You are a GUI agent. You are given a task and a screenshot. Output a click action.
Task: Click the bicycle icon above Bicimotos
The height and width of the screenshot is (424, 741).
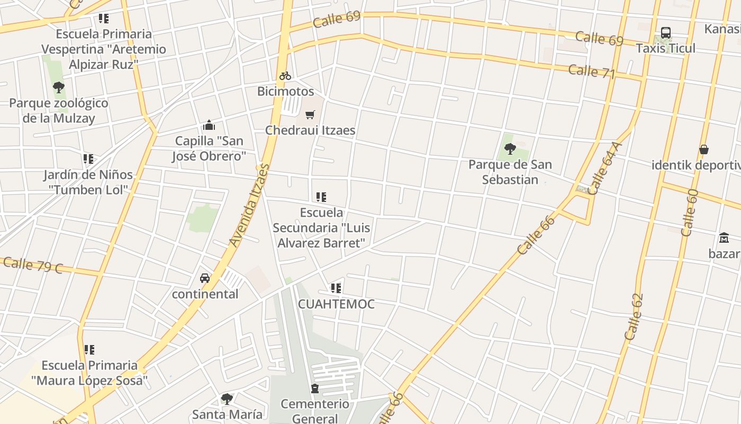pos(285,76)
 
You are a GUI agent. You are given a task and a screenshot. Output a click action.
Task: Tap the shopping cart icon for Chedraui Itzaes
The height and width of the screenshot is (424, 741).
pos(310,114)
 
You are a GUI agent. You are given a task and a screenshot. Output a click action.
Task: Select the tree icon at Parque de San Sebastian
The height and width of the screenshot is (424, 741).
pos(510,149)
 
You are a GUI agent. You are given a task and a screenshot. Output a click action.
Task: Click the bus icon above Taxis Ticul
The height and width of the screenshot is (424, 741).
pos(666,33)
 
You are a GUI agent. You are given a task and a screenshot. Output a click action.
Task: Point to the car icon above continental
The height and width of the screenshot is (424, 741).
pos(205,278)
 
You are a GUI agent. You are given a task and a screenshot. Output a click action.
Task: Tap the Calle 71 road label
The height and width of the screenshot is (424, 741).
pos(592,72)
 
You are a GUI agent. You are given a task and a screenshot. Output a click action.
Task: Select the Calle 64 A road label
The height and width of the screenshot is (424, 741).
pos(603,169)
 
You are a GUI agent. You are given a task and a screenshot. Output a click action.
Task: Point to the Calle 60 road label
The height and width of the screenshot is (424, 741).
pos(689,213)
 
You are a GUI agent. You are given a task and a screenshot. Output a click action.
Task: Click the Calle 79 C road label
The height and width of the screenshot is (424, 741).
pos(33,265)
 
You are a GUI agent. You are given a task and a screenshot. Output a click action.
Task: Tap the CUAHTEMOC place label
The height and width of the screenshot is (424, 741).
pos(336,304)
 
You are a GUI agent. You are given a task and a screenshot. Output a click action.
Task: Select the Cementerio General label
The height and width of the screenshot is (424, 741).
pos(315,411)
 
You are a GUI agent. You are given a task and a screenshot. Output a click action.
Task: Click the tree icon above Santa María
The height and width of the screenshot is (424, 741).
pos(227,399)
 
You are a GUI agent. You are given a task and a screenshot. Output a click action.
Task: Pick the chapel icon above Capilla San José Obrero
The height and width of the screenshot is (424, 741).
pos(209,126)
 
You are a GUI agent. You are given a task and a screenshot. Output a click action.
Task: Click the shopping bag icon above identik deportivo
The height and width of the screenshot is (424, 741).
pos(704,149)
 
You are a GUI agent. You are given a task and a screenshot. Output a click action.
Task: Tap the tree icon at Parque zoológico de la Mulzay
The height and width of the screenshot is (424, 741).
pos(59,87)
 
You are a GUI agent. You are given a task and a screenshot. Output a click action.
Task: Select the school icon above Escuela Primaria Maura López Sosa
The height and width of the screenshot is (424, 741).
pos(89,350)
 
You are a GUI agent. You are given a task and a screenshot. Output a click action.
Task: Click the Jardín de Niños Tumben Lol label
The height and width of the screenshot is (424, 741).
pos(88,182)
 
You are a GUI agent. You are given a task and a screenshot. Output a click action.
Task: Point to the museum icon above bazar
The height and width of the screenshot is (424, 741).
pos(724,237)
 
